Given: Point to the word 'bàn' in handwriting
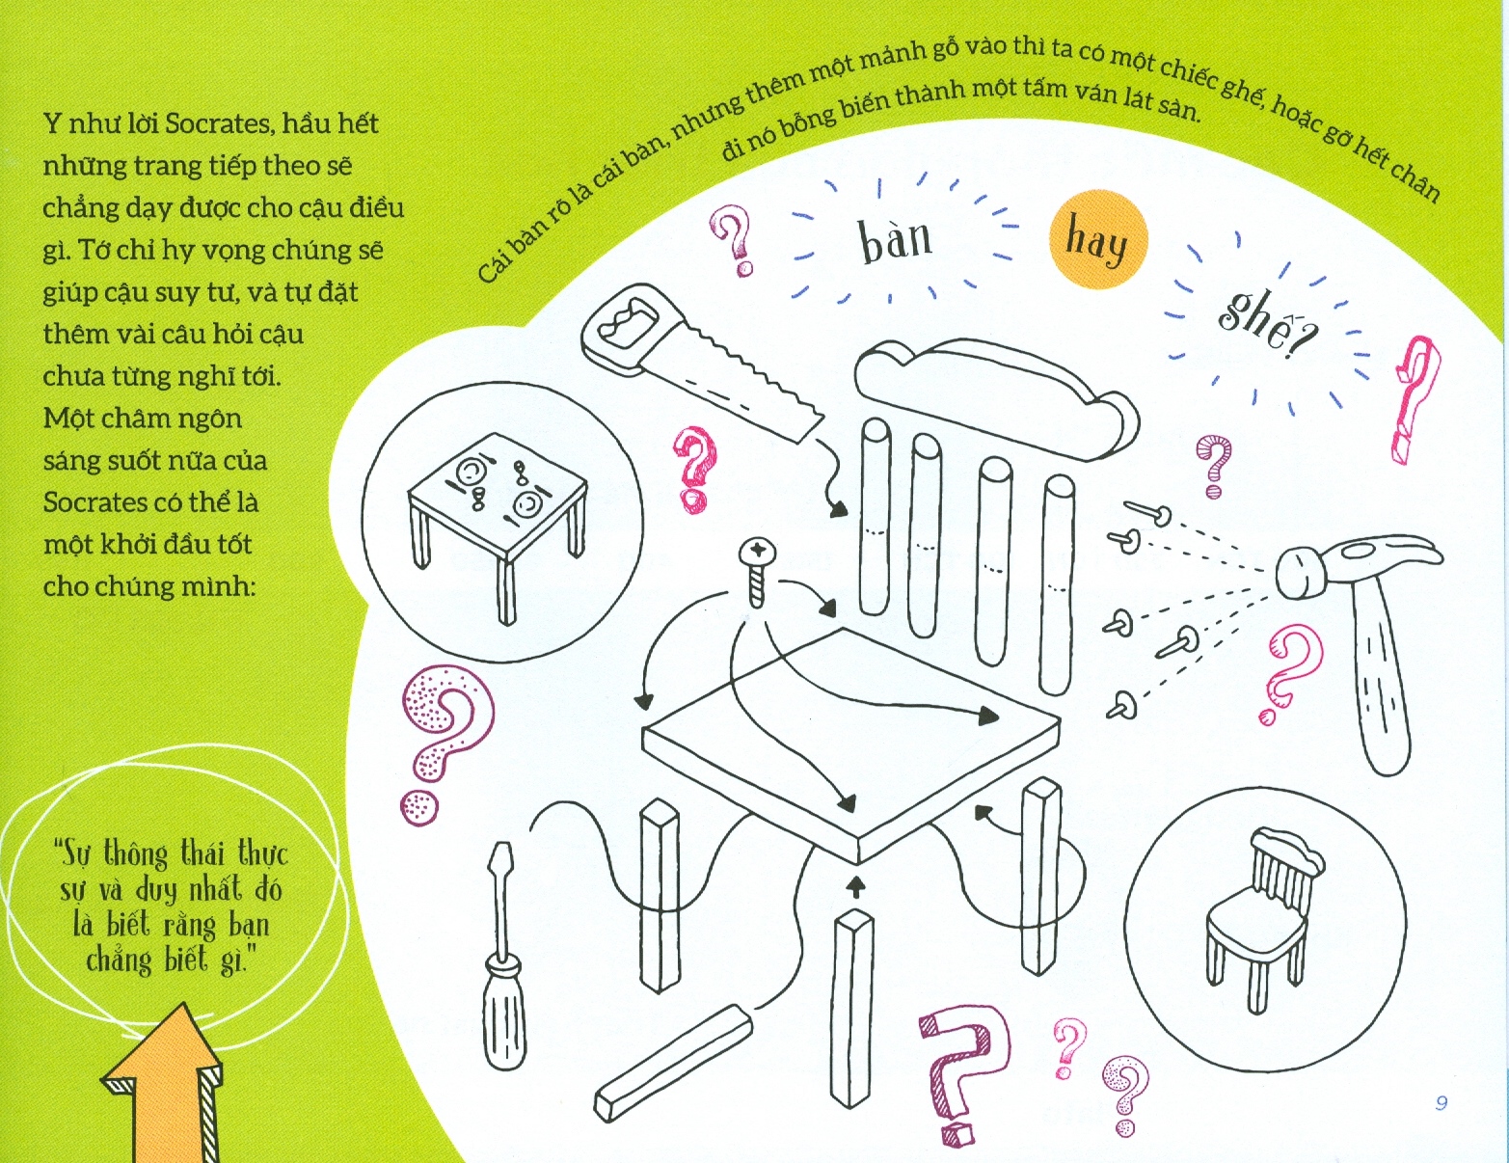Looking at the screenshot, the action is (x=895, y=238).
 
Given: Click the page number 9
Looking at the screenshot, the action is (x=1442, y=1102).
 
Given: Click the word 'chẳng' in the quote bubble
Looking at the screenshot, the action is (x=118, y=961).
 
